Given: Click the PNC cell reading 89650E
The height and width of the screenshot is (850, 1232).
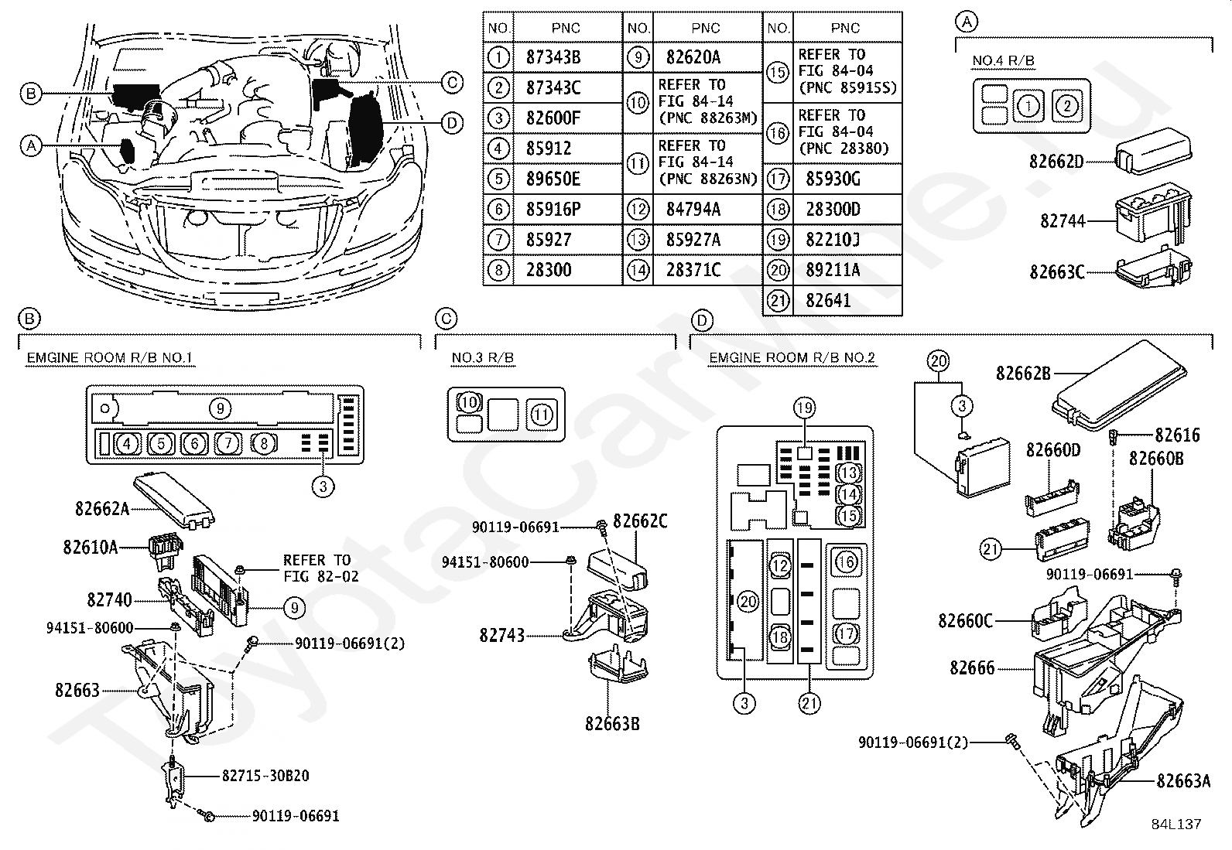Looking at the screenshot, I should tap(553, 179).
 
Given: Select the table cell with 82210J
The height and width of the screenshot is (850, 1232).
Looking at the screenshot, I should tap(832, 240).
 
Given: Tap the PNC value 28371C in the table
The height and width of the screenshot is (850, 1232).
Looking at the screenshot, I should tap(693, 270).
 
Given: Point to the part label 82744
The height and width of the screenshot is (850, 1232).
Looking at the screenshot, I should tap(1063, 221).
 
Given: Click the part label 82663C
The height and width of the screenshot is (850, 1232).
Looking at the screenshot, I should tap(1056, 272).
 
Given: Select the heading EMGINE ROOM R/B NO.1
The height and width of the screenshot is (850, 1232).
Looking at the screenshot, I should tap(109, 357).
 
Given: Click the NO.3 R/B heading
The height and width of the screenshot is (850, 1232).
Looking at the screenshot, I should tap(483, 357).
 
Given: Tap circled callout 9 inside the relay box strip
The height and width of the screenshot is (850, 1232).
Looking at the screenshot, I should tap(220, 408).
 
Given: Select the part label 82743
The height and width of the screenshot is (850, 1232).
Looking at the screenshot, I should tap(501, 635).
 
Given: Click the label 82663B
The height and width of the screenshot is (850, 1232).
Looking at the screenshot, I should tap(612, 724).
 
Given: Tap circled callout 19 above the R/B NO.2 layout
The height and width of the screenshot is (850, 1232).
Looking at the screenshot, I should tap(804, 408).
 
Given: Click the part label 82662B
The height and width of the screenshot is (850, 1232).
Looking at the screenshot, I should tap(1023, 373).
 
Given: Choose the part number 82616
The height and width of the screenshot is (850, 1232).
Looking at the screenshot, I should tap(1177, 436).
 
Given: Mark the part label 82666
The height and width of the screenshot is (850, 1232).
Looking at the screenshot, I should tap(972, 667).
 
